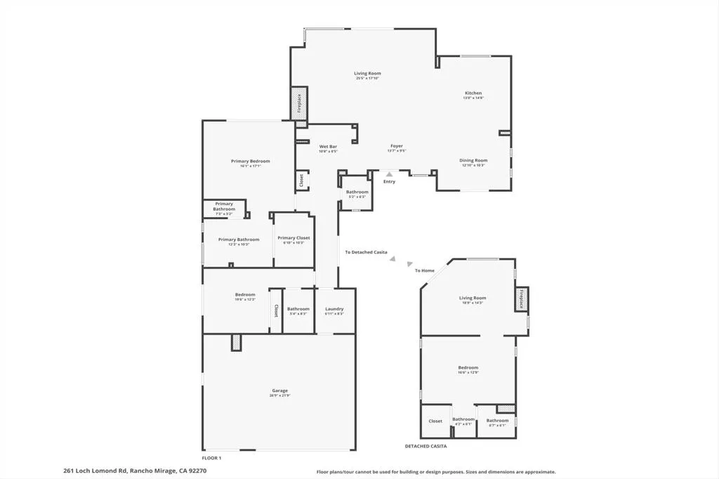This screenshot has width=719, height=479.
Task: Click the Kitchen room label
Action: [x=473, y=93]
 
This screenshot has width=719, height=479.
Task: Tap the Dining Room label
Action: [x=473, y=160]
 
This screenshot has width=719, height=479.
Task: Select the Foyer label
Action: [x=397, y=146]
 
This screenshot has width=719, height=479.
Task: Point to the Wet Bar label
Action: [x=329, y=146]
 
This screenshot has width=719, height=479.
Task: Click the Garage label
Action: [x=279, y=391]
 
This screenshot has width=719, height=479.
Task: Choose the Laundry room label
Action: [x=334, y=309]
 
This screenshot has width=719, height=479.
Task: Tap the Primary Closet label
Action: [x=293, y=238]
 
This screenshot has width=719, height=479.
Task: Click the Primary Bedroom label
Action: [x=250, y=161]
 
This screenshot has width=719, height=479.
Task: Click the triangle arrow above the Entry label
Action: [x=389, y=173]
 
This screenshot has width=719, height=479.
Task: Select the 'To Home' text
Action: [x=424, y=270]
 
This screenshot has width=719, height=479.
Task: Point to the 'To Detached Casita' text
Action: [x=366, y=252]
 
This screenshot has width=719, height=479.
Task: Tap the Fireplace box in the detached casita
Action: [x=522, y=299]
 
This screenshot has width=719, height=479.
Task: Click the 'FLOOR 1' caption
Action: [x=211, y=458]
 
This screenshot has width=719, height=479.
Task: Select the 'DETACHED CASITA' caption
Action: [x=426, y=446]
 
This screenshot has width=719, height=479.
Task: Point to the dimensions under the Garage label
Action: [x=279, y=396]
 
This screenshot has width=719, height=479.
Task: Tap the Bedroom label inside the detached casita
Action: [x=468, y=367]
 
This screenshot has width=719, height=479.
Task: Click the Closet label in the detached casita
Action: [x=435, y=421]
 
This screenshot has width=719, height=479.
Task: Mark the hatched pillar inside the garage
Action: [x=237, y=341]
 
